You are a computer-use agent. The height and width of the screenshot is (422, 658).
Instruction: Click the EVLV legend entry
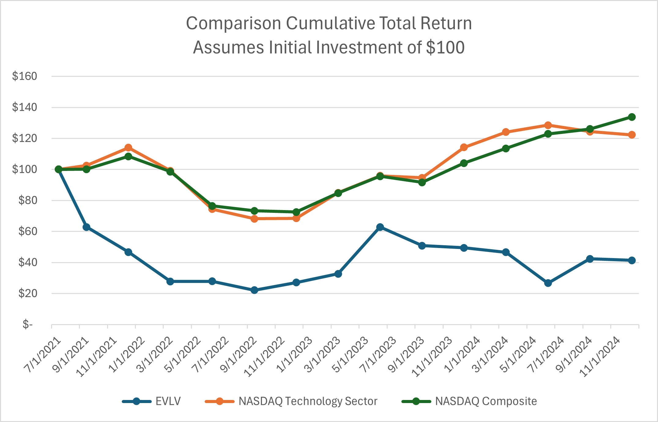(x=168, y=401)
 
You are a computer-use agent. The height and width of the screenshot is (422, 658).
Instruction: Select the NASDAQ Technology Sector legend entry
(x=308, y=401)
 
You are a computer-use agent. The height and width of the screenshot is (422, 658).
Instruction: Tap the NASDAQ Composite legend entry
(x=486, y=401)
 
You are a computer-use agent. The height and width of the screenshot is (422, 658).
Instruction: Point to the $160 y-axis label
(x=24, y=76)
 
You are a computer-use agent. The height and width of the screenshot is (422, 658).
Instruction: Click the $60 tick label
(x=28, y=231)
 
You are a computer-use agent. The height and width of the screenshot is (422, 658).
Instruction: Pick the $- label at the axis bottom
(x=28, y=324)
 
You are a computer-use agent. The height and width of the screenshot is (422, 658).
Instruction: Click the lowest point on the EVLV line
(x=254, y=290)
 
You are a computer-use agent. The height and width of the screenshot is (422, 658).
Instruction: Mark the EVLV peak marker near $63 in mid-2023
(x=380, y=227)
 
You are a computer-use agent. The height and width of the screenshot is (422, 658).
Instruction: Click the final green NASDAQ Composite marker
(x=632, y=117)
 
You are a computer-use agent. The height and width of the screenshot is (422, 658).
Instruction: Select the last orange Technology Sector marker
(x=632, y=135)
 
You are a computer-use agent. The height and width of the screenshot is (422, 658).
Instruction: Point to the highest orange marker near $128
(x=548, y=125)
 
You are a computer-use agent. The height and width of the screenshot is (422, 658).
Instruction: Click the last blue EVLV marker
(x=632, y=261)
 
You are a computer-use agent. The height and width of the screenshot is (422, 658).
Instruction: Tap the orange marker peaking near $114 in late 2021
(x=128, y=148)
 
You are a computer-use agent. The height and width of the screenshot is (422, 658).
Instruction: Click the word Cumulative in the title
(x=330, y=24)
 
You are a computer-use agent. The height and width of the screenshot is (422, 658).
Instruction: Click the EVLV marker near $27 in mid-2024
(x=548, y=283)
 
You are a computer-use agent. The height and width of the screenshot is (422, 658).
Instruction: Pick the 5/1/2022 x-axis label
(x=183, y=355)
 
